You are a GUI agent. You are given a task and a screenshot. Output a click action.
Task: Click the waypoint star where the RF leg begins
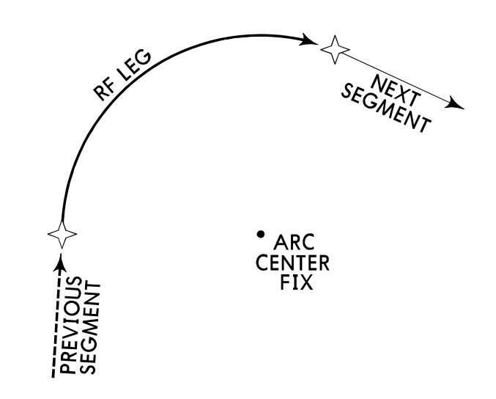coord(62,235)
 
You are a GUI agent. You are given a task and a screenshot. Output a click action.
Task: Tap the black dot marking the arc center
coord(260,234)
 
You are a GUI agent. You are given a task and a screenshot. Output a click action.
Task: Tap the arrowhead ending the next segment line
coord(457,105)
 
